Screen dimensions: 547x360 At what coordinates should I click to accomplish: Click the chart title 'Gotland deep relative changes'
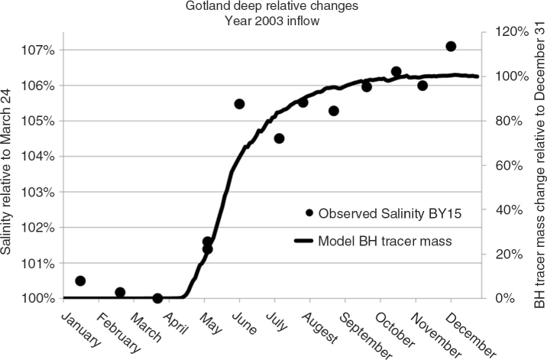pyautogui.click(x=272, y=6)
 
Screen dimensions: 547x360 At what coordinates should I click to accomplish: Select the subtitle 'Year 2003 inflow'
pyautogui.click(x=272, y=21)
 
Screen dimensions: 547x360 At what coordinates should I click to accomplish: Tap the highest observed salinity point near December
pyautogui.click(x=451, y=46)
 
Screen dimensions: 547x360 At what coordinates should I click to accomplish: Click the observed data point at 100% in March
pyautogui.click(x=157, y=298)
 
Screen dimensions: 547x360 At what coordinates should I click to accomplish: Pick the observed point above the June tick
pyautogui.click(x=239, y=104)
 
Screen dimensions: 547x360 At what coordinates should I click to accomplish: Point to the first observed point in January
pyautogui.click(x=80, y=281)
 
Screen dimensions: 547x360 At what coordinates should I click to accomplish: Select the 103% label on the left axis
pyautogui.click(x=38, y=193)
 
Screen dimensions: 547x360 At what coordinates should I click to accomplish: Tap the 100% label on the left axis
pyautogui.click(x=38, y=299)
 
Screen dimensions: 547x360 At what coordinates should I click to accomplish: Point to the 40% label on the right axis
pyautogui.click(x=510, y=210)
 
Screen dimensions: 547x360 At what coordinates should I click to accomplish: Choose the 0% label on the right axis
pyautogui.click(x=506, y=298)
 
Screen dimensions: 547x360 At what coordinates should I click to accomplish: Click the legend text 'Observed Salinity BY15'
pyautogui.click(x=390, y=213)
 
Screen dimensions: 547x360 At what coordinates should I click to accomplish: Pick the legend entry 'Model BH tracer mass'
pyautogui.click(x=373, y=241)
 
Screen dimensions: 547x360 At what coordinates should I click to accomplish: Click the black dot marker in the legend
pyautogui.click(x=309, y=212)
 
